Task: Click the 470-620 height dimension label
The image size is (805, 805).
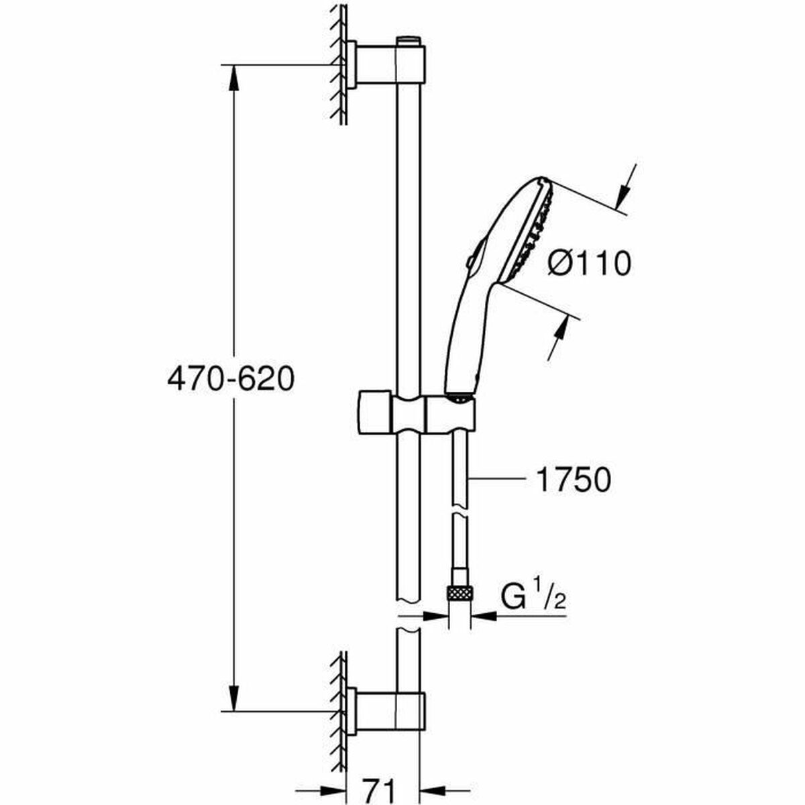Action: coord(231,380)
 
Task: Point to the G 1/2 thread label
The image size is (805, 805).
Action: coord(533,596)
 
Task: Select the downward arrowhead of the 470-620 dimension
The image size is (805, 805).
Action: coord(233,698)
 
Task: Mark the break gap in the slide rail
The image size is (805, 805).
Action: coord(407,616)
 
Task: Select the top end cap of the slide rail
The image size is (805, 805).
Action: coord(407,42)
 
